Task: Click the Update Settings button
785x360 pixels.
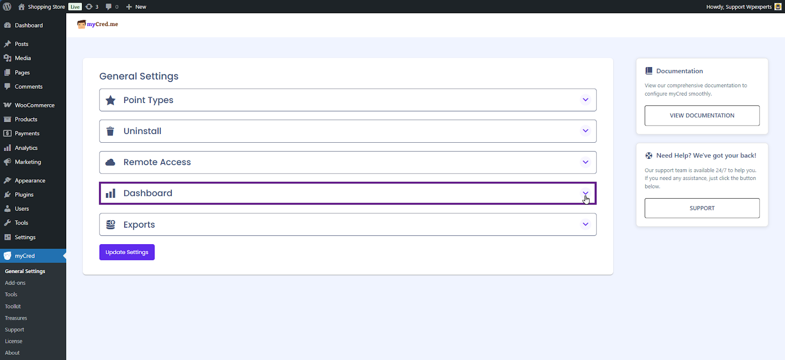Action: (x=127, y=252)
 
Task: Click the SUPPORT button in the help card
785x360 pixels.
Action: (x=702, y=208)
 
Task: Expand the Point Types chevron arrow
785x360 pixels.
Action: (x=585, y=100)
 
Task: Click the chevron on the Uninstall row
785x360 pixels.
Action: (x=585, y=131)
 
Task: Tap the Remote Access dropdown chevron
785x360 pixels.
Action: (x=585, y=162)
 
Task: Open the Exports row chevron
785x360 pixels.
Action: (x=585, y=224)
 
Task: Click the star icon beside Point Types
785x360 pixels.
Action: (x=110, y=100)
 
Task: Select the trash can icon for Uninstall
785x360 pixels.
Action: (x=110, y=131)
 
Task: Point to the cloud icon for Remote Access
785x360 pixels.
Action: (x=110, y=162)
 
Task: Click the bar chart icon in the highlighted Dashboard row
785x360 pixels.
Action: (x=110, y=193)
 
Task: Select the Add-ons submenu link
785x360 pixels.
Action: (x=15, y=283)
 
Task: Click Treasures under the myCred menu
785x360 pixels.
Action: (x=16, y=318)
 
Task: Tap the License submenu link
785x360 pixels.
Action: (x=14, y=341)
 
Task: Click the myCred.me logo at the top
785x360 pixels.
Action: (x=98, y=24)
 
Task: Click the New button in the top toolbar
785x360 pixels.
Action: (x=136, y=7)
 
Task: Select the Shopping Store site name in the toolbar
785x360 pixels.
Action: (x=46, y=7)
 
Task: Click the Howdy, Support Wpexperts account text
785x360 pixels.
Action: (x=739, y=7)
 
